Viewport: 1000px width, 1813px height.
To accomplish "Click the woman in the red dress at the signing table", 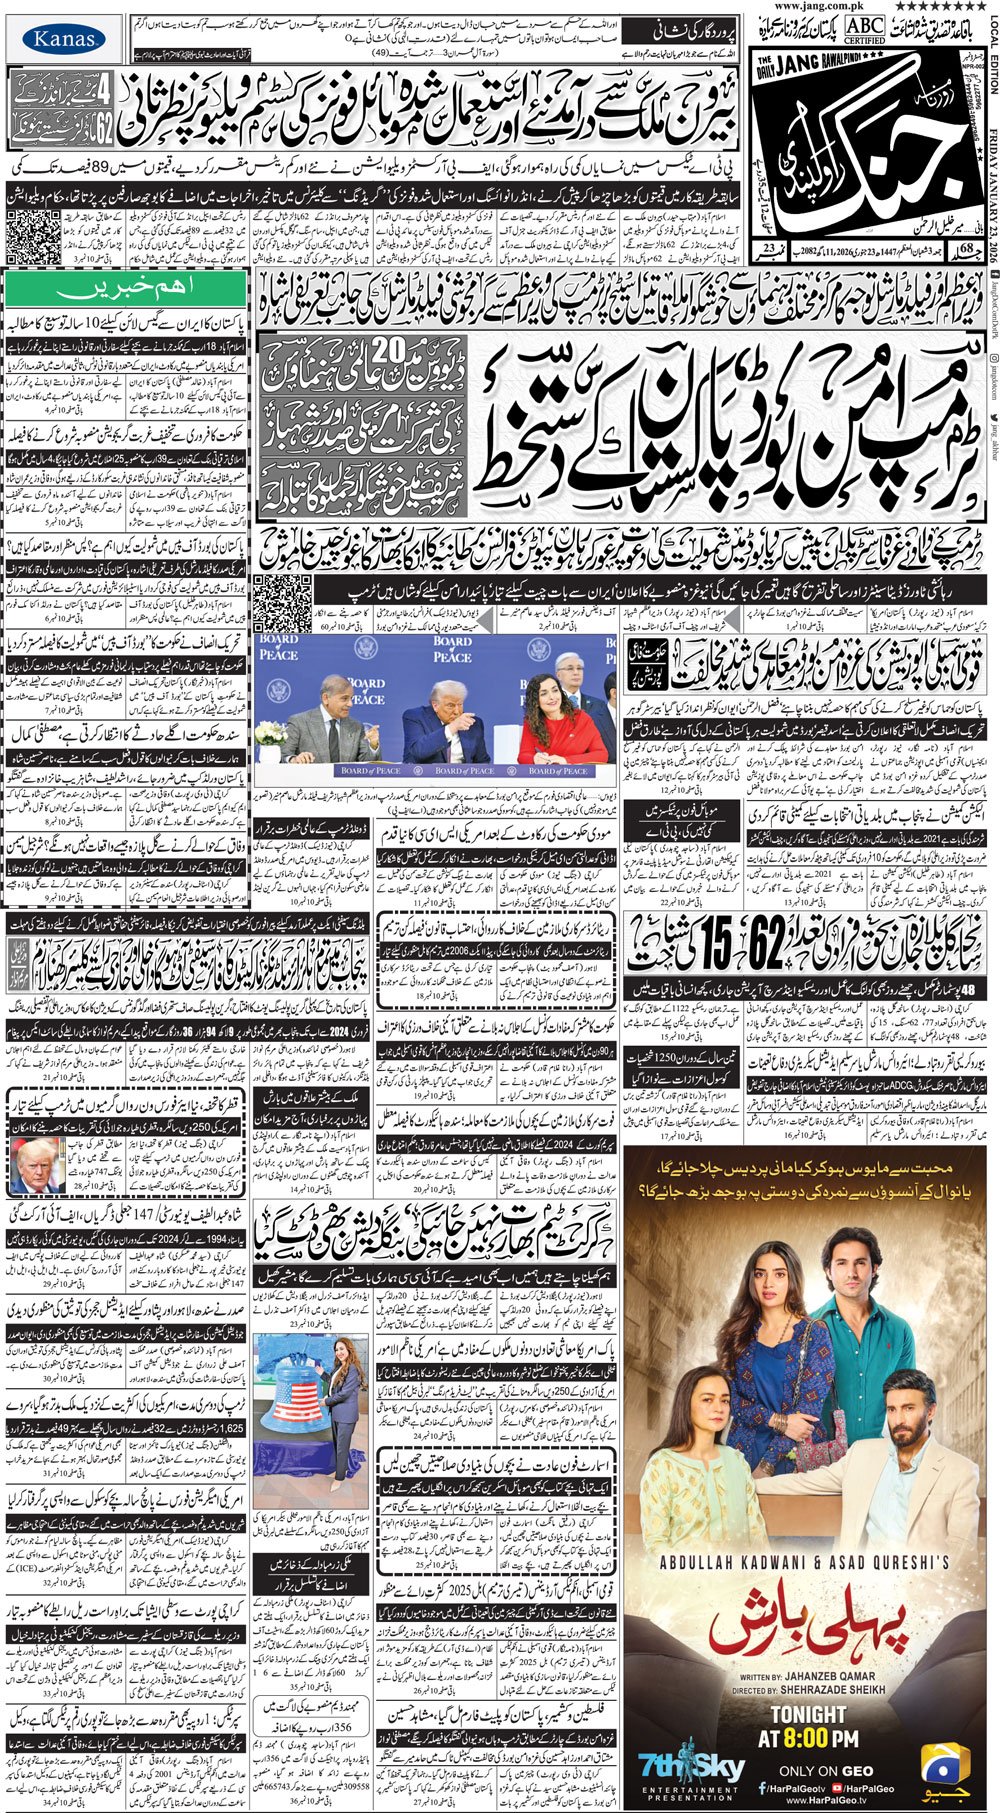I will click(x=562, y=718).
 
